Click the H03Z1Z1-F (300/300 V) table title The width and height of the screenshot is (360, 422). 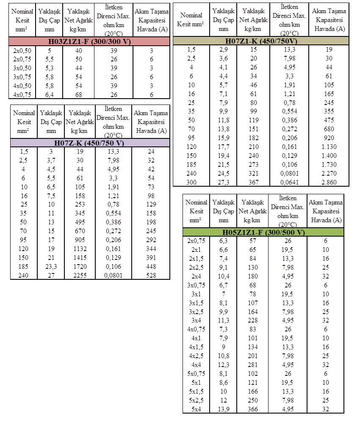coord(90,41)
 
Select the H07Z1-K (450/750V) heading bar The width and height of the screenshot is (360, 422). coord(260,41)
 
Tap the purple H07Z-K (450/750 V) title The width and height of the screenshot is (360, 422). coord(89,143)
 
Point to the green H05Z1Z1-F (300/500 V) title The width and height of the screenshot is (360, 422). coord(263,232)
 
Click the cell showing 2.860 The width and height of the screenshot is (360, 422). coord(329,182)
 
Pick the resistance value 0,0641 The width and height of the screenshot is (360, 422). coord(288,182)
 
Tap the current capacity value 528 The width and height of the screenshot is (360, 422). coord(151,275)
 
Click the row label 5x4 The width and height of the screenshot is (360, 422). coord(196,409)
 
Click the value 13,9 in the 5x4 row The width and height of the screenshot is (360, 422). coord(223,409)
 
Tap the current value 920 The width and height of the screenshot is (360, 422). coord(329,138)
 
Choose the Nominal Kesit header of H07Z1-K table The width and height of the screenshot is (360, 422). coord(191,19)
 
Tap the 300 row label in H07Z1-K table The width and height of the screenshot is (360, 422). coord(191,182)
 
